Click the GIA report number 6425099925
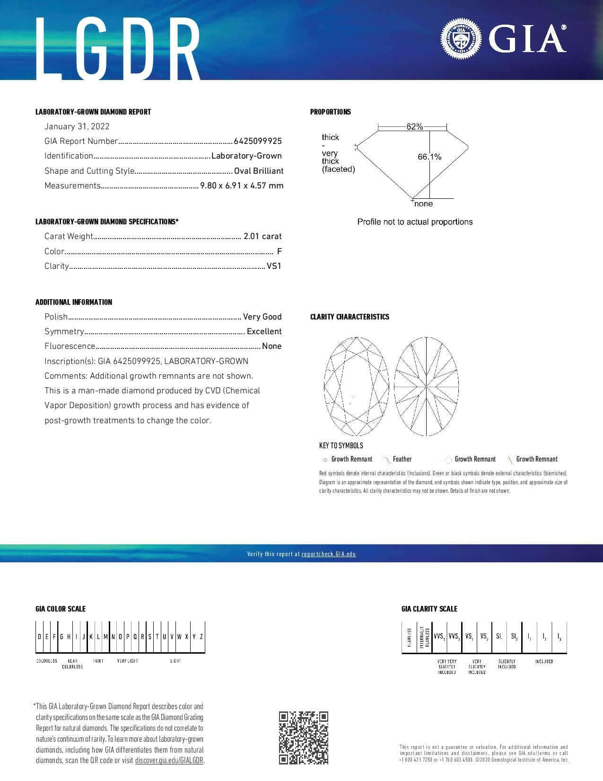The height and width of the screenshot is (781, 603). (258, 141)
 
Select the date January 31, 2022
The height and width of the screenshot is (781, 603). (77, 126)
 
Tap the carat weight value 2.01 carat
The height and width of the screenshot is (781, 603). (262, 236)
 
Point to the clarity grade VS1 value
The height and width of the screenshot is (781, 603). (274, 266)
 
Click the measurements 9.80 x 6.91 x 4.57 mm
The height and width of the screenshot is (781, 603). (242, 186)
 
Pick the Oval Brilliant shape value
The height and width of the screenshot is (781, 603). (259, 171)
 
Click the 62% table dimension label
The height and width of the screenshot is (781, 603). (414, 126)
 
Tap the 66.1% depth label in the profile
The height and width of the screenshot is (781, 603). (429, 157)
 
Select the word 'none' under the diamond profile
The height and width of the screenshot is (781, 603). (423, 204)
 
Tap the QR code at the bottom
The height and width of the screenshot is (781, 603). (303, 737)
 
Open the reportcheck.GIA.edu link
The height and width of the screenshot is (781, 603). (328, 554)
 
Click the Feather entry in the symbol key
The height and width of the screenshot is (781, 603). (402, 459)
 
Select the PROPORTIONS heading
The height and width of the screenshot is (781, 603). (331, 112)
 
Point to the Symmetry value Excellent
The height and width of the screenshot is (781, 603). (264, 331)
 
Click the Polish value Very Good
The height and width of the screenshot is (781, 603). (262, 317)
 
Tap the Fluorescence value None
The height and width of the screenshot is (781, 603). (271, 346)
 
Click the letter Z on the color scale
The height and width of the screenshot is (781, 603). (201, 637)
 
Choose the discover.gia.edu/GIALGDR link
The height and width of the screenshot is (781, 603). (169, 761)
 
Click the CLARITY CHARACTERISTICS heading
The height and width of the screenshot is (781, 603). (350, 317)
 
